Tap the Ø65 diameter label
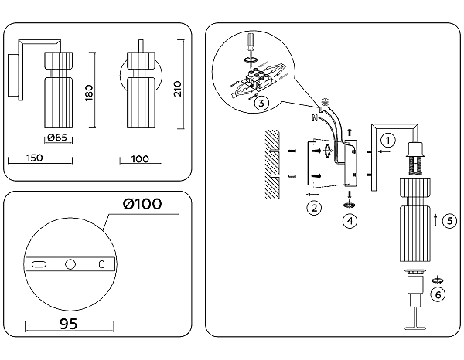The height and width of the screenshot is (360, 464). point(56,138)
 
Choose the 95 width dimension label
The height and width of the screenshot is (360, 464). point(69,325)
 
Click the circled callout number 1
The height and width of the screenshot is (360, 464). point(388,140)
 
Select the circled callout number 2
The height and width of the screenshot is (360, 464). point(313,207)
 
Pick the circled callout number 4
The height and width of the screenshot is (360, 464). point(350,220)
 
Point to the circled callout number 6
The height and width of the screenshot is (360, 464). point(438,294)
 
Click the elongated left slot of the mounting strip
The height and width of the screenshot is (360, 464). point(38,264)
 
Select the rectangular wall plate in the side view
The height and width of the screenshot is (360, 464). point(14,76)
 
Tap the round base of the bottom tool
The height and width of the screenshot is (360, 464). point(418,328)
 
